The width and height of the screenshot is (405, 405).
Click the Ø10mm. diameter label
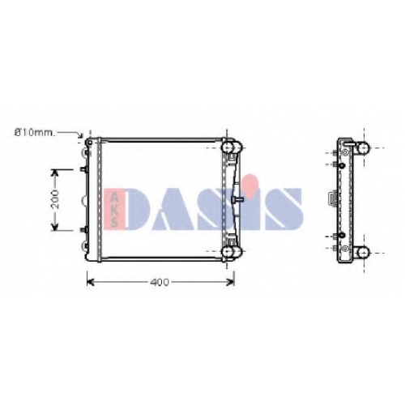pos(35,133)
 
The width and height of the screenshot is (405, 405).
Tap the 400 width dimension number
pos(160,282)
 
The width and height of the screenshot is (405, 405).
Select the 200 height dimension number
pos(55,199)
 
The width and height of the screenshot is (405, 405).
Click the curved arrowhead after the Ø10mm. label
pos(80,135)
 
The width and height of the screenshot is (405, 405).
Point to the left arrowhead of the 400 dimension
pos(90,282)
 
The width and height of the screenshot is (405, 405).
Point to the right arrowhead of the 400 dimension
pos(231,282)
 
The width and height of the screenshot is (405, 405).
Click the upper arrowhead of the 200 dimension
pos(55,173)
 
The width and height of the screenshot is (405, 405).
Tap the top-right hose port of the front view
pos(232,147)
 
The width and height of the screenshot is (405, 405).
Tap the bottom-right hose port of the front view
pos(232,252)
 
